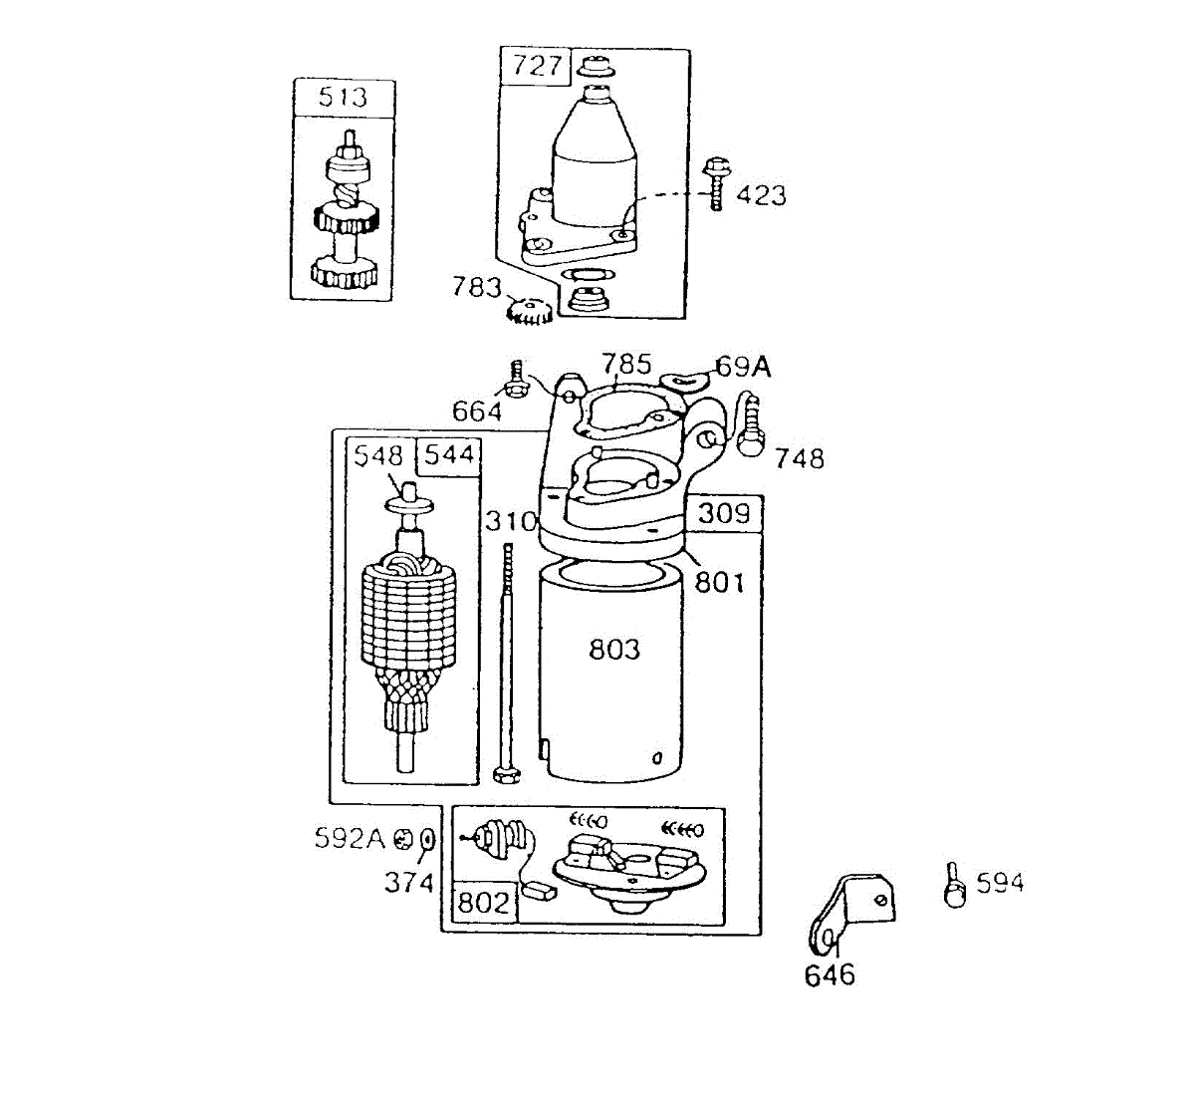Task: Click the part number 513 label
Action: tap(343, 98)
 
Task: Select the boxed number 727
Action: tap(538, 66)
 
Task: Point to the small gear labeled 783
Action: tap(529, 310)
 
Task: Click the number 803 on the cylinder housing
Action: tap(614, 650)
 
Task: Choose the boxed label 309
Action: tap(723, 513)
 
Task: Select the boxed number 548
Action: tap(379, 455)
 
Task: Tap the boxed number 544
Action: tap(448, 455)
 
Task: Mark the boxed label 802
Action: tap(483, 903)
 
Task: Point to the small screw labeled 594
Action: tap(954, 885)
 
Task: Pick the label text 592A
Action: tap(350, 838)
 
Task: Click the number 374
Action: tap(409, 882)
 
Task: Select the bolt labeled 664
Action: tap(517, 380)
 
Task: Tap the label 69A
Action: tap(743, 367)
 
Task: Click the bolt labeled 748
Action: tap(749, 423)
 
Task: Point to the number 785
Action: tap(626, 364)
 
